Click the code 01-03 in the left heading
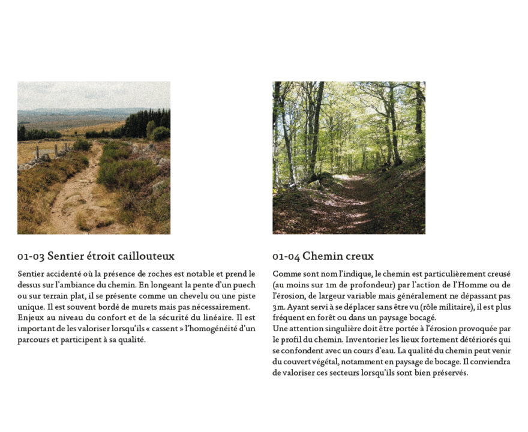[x=31, y=257]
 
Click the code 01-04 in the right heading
[x=286, y=257]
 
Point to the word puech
[x=243, y=285]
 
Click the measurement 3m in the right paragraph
[x=278, y=307]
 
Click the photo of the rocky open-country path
[x=94, y=158]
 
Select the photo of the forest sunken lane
[x=349, y=158]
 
